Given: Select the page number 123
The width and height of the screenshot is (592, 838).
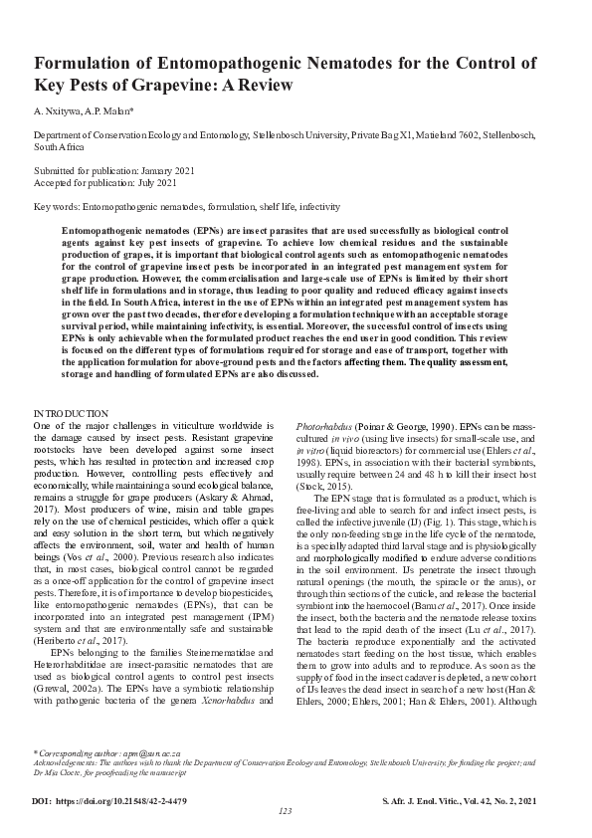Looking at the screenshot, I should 286,812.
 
